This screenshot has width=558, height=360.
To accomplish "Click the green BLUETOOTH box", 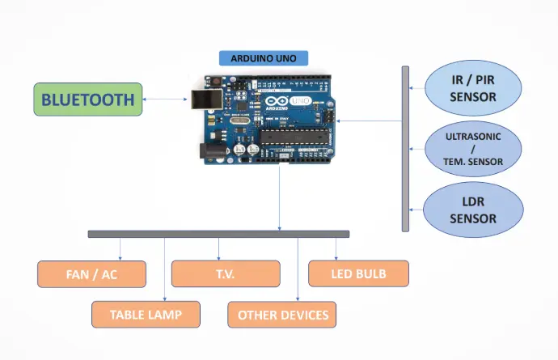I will tap(87, 100).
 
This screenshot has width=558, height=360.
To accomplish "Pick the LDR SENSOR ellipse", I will tap(473, 210).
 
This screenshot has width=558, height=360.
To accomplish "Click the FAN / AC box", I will tap(91, 274).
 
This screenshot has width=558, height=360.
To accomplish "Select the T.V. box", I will tap(226, 274).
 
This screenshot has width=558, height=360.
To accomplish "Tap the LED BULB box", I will tap(358, 273).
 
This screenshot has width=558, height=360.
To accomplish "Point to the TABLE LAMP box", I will tap(146, 314).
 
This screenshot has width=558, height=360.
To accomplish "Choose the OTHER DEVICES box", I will tap(282, 314).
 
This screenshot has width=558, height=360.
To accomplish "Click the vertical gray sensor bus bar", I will tap(405, 149).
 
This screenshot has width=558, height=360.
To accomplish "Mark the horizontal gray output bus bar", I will tap(218, 234).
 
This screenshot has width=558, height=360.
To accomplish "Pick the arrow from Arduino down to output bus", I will tap(280, 198).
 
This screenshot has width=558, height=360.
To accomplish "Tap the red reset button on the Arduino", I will tap(218, 82).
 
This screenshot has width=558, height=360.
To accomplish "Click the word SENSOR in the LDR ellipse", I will tap(473, 218).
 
